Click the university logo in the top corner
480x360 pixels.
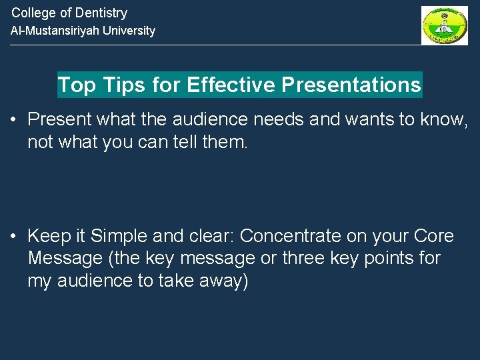coord(444,25)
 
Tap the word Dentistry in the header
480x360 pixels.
coord(101,13)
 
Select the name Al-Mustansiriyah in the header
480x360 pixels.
coord(53,31)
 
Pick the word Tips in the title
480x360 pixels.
coord(120,85)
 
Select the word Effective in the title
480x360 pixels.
coord(231,85)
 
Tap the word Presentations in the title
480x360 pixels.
coord(351,85)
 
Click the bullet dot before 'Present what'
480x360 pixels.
coord(13,121)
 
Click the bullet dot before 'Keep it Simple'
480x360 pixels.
coord(13,237)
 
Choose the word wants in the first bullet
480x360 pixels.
coord(367,120)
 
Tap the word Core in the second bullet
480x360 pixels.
coord(434,236)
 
